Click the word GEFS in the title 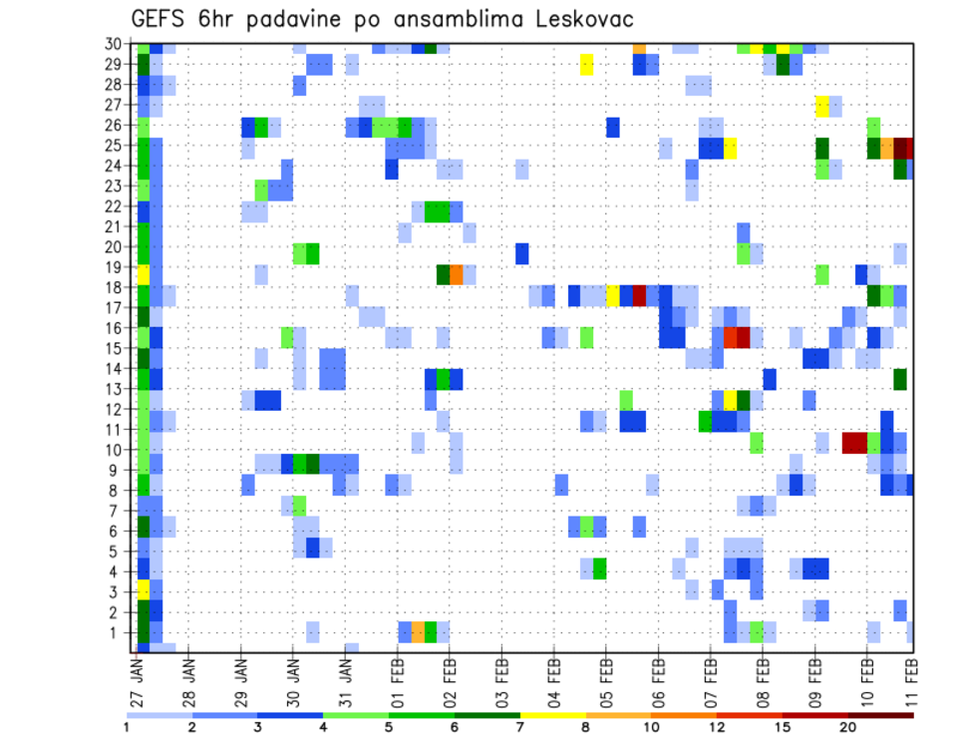click(x=160, y=19)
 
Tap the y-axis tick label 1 click(x=117, y=632)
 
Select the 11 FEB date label click(x=909, y=681)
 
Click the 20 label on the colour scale click(x=848, y=726)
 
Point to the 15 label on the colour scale click(x=785, y=726)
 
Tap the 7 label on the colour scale click(x=520, y=726)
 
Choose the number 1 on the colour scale click(x=127, y=726)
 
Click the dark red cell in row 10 click(x=854, y=442)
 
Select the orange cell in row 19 click(x=457, y=273)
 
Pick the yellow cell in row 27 click(x=822, y=106)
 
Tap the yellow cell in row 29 click(x=587, y=65)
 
